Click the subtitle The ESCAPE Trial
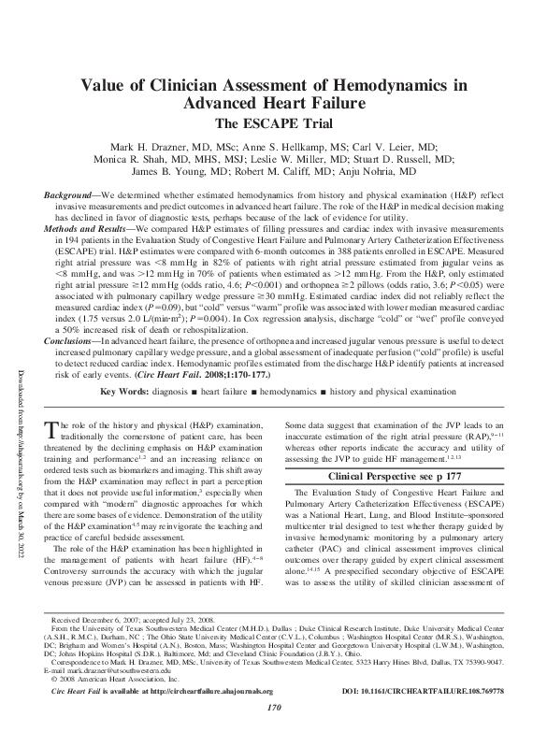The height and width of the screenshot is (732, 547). [x=273, y=122]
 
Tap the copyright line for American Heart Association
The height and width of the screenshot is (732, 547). [x=112, y=680]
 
